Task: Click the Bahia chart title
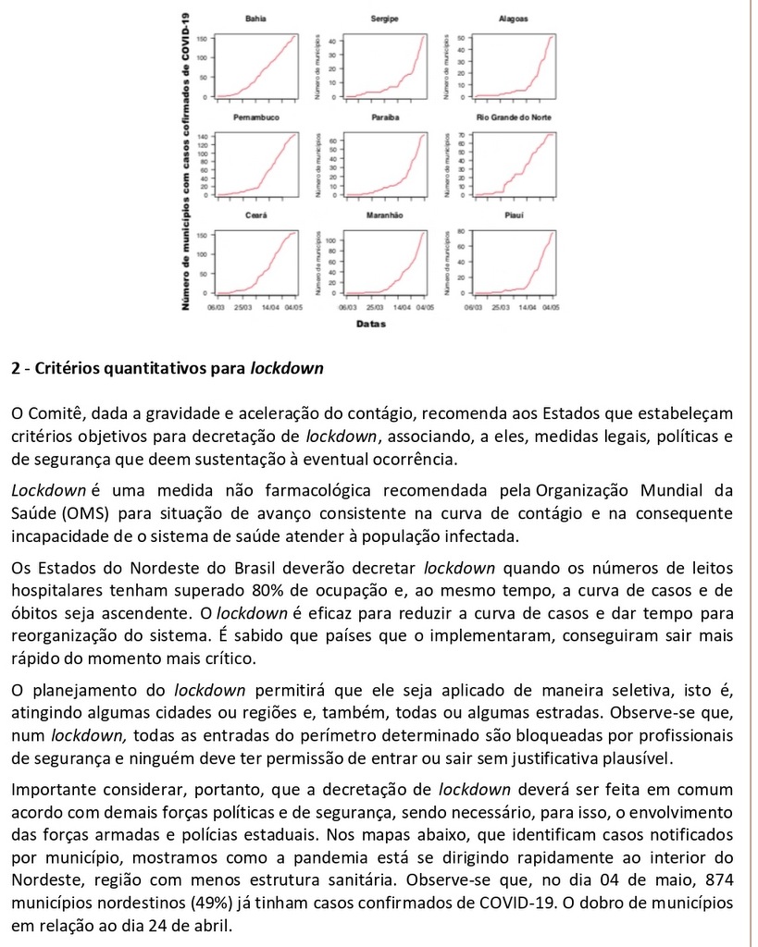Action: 255,18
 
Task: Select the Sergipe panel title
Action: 384,18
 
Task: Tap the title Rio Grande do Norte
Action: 514,118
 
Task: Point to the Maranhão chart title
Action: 384,215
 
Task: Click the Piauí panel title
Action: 516,215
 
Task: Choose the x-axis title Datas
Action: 370,325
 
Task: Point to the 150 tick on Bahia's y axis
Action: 202,38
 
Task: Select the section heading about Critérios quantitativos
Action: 168,369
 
